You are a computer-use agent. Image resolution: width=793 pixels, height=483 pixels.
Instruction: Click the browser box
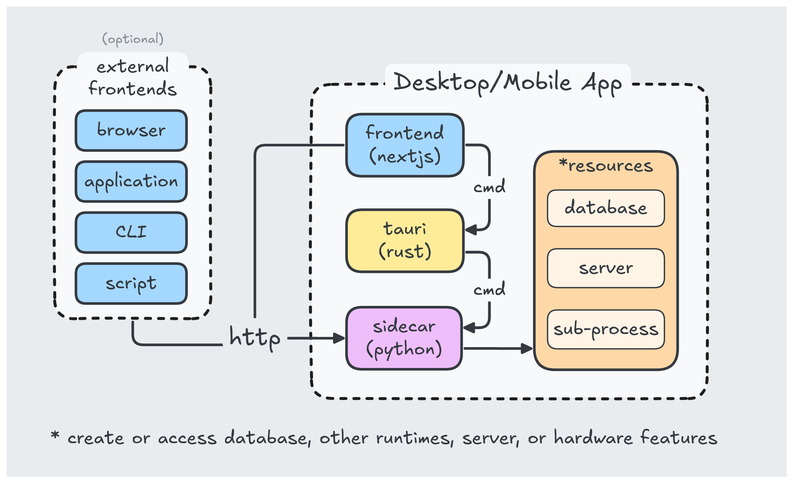pos(131,130)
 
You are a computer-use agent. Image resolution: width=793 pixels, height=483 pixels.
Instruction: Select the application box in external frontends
pos(131,181)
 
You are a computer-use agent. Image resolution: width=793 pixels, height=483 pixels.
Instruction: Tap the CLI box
pos(131,232)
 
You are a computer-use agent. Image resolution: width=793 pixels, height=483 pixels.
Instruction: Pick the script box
pos(131,283)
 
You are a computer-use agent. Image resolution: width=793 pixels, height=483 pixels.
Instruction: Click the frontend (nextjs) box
pos(405,145)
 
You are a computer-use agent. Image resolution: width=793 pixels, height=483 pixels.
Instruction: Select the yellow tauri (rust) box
pos(405,241)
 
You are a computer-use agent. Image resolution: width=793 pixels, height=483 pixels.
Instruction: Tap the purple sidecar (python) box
pos(404,338)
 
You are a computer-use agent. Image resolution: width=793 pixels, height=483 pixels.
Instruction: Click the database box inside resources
pos(606,208)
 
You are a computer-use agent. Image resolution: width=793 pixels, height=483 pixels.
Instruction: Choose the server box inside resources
pos(606,268)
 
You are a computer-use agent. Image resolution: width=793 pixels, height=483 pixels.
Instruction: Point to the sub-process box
pos(606,329)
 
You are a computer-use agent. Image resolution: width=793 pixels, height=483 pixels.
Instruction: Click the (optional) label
pos(132,39)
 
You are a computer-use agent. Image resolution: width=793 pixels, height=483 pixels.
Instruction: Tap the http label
pos(255,338)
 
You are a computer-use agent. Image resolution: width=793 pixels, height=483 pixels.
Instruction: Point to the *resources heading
pos(606,166)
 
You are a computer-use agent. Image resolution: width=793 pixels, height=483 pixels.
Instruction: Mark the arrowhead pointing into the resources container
pos(527,348)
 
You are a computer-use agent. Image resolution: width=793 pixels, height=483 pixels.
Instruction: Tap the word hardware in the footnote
pos(593,438)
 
